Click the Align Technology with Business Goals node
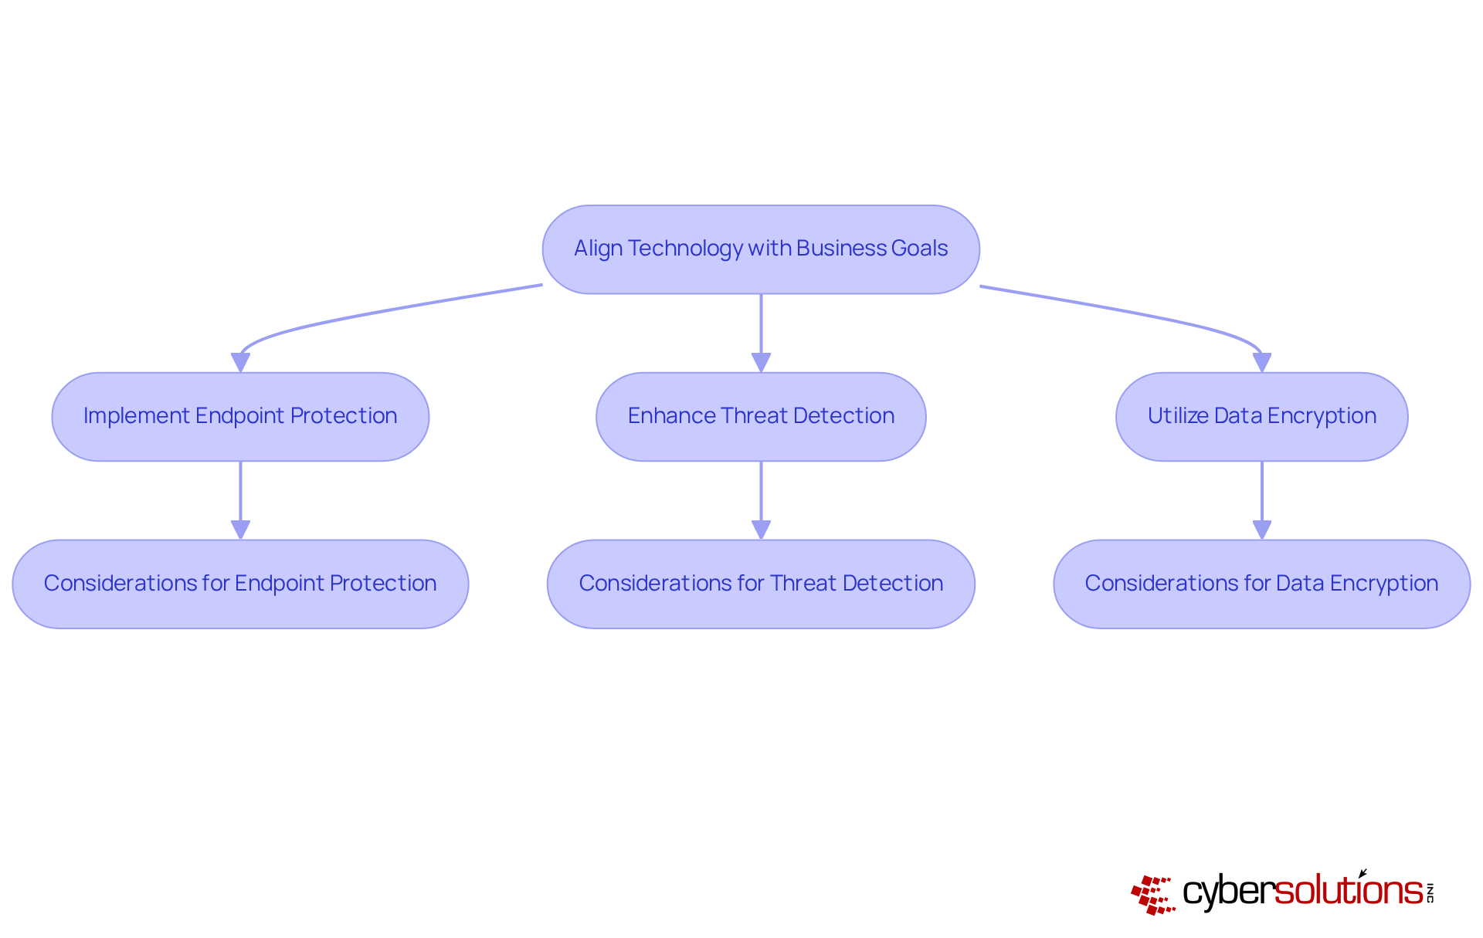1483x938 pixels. point(761,249)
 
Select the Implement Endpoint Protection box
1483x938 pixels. point(240,417)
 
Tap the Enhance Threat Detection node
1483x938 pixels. point(761,417)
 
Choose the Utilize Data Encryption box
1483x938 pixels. point(1261,417)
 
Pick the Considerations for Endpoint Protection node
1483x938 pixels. point(240,584)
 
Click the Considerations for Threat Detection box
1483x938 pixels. point(761,584)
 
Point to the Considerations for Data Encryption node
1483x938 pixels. point(1261,584)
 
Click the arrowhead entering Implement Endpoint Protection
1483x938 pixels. point(240,362)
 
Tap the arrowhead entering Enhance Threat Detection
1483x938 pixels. point(761,362)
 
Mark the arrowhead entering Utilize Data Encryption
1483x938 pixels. point(1261,362)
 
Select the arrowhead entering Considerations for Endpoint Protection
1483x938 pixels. point(240,530)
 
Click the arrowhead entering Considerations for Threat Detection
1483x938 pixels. point(761,530)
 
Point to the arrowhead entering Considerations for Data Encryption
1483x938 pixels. point(1261,530)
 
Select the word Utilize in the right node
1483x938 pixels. point(1178,416)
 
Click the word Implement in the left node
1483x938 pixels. point(136,416)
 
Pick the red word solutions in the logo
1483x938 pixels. point(1348,892)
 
